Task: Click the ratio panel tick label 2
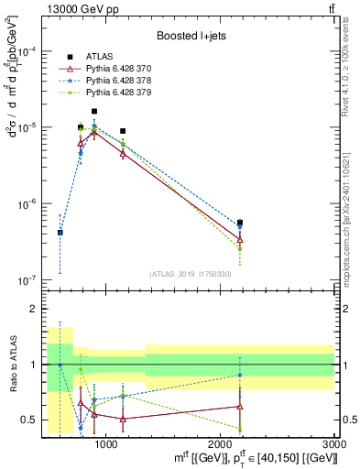coord(30,309)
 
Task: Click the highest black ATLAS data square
coord(94,112)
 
